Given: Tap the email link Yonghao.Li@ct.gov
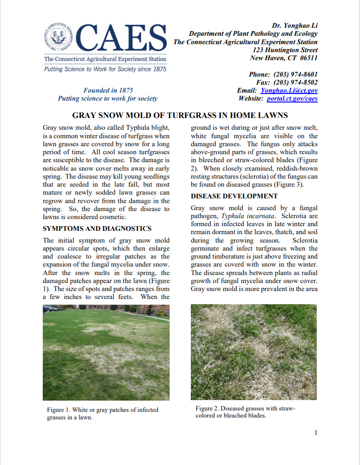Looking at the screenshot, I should click(289, 90).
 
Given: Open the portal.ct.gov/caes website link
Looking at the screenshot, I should click(292, 99).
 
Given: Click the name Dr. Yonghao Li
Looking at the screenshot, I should click(295, 25).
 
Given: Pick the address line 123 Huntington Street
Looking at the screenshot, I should click(285, 50).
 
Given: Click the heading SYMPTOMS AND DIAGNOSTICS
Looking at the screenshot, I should click(97, 229).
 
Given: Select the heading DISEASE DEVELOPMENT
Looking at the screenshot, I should click(234, 196).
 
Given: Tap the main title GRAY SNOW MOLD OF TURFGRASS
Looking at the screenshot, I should click(180, 115).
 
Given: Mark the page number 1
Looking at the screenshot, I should click(316, 433).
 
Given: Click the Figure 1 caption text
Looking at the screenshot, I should click(102, 414).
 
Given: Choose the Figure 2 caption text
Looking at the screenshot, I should click(245, 412).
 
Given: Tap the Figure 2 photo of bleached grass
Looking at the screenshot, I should click(254, 352).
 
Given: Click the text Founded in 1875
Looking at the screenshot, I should click(108, 90).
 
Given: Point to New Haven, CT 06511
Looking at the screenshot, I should click(284, 58).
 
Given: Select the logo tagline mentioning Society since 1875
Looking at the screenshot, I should click(105, 69).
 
